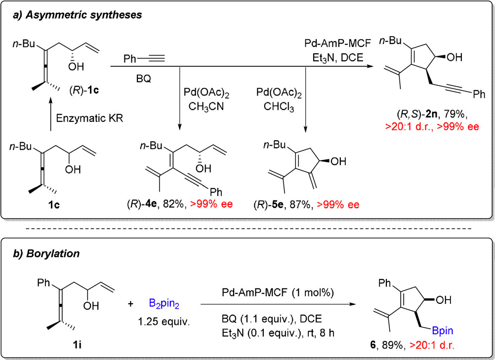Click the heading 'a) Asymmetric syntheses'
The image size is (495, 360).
tap(77, 15)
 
